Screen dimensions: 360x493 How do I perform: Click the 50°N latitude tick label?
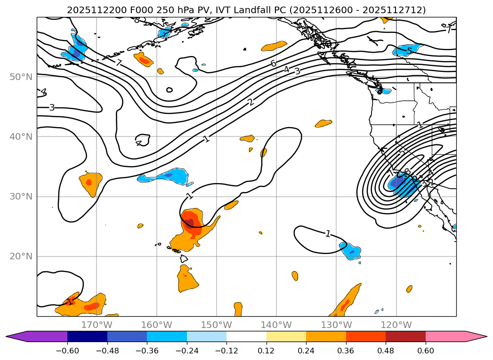pos(21,77)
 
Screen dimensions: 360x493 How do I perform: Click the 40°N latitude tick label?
pos(21,136)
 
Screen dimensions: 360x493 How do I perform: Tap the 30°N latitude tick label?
pos(21,196)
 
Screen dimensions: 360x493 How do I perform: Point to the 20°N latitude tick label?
pos(21,256)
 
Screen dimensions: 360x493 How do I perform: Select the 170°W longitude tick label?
pos(97,325)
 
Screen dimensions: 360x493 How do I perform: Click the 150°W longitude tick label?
pos(216,325)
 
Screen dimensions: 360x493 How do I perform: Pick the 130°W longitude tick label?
pos(336,325)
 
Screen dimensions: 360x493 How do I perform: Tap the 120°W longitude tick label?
pos(396,325)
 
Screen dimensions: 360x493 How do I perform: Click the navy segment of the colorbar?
pos(87,336)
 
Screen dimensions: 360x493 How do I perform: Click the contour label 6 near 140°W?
pos(273,63)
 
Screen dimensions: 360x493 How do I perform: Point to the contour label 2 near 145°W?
pos(251,102)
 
